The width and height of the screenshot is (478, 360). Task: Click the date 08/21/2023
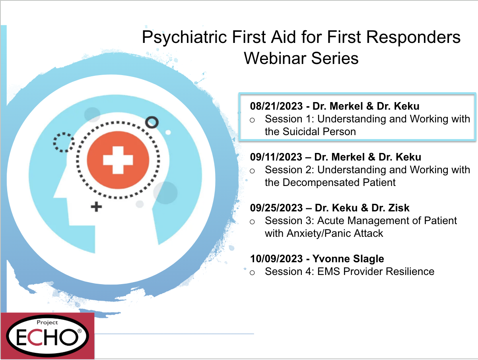pos(276,106)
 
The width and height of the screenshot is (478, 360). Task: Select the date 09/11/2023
pos(276,157)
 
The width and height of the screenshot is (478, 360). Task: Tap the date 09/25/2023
pos(276,208)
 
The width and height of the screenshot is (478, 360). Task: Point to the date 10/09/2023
pos(276,259)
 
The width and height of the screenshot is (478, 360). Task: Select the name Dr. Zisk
pos(390,208)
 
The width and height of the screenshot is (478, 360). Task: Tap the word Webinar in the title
pos(275,58)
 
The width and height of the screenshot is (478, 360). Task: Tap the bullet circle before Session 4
pos(252,273)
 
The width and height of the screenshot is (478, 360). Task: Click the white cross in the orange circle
pos(118,160)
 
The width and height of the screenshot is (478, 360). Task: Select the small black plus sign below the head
pos(96,207)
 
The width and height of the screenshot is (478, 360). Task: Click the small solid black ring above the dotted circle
pos(152,122)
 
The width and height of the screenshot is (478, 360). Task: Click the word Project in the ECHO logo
pos(47,323)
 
